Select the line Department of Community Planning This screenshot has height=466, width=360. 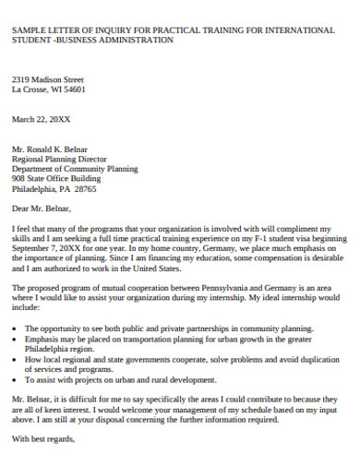tap(75, 169)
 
